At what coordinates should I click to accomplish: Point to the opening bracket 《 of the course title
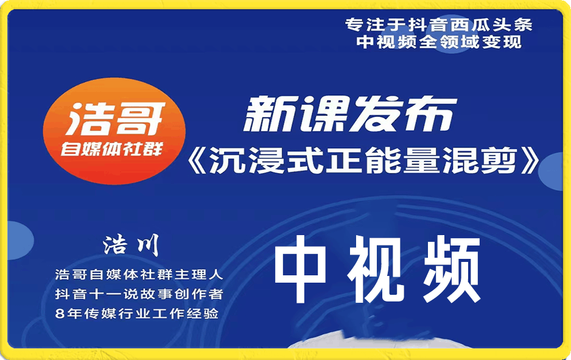pyautogui.click(x=200, y=162)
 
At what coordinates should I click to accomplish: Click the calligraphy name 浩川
pyautogui.click(x=130, y=245)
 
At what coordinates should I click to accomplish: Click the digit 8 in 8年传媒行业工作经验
pyautogui.click(x=58, y=314)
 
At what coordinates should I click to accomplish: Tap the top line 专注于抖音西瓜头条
pyautogui.click(x=438, y=25)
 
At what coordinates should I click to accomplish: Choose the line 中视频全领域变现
pyautogui.click(x=438, y=42)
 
